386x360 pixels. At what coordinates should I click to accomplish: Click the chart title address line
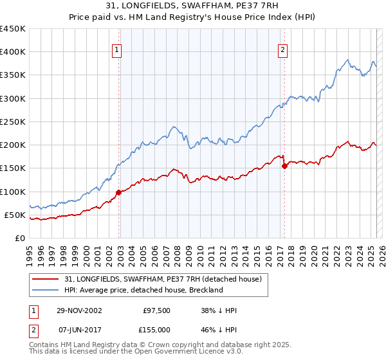(192, 6)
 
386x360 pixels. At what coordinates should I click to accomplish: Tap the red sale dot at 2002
(119, 192)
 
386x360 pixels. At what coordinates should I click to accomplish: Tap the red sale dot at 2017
(284, 166)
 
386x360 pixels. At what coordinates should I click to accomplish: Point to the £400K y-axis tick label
(13, 52)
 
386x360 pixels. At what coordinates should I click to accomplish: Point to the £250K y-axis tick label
(13, 122)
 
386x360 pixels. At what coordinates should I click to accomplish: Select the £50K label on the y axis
(15, 215)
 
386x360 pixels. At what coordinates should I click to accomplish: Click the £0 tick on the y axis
(21, 238)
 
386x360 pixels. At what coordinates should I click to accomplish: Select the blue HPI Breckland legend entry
(143, 290)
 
